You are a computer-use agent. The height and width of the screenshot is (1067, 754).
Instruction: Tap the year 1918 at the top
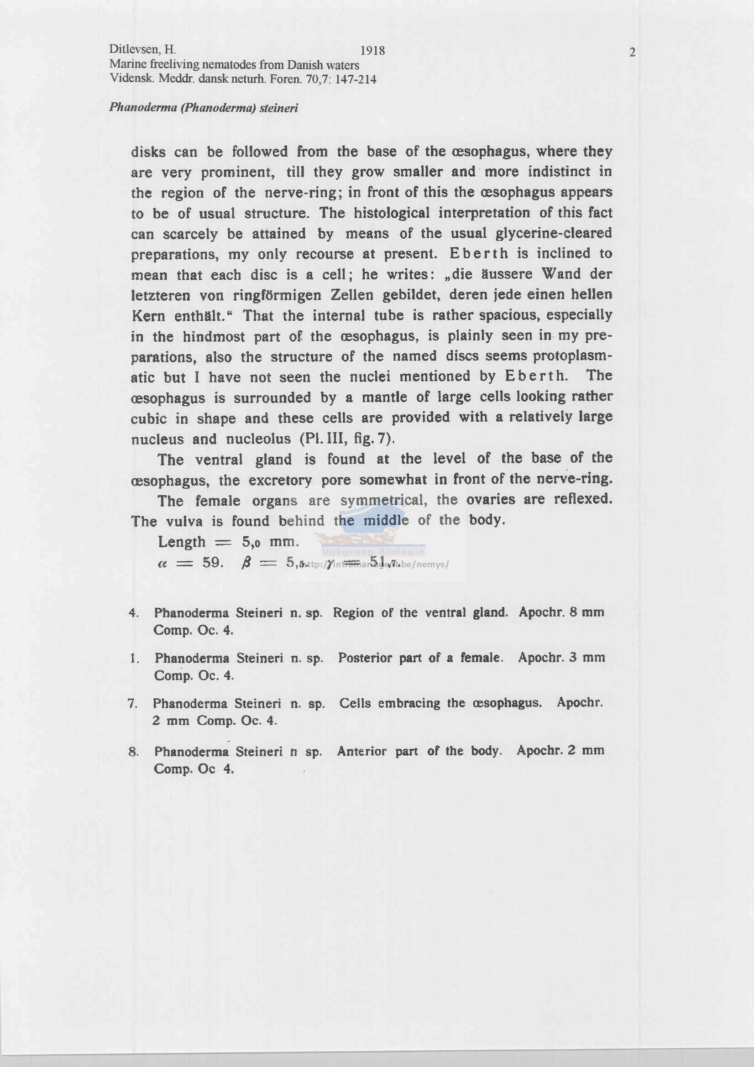click(372, 51)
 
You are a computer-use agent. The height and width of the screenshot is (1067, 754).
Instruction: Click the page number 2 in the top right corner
click(632, 52)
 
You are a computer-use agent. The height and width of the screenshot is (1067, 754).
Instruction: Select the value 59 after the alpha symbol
click(212, 563)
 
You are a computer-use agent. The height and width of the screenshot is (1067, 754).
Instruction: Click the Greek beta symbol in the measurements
click(247, 563)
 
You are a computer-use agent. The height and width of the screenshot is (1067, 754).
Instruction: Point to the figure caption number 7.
click(132, 704)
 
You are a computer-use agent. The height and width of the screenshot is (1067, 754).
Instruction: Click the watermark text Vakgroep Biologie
click(373, 552)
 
